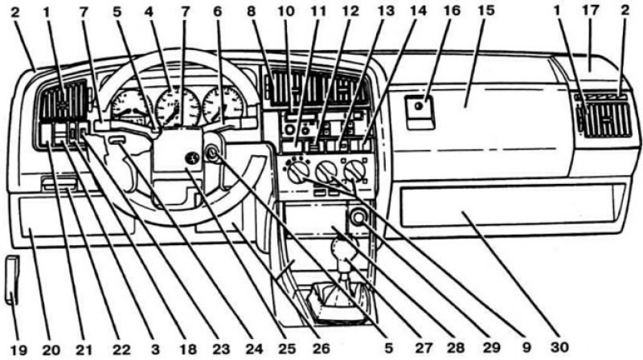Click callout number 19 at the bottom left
tap(18, 350)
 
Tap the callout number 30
tap(559, 347)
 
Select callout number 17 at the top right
tap(591, 11)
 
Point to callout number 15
tap(486, 11)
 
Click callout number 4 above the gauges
tap(149, 11)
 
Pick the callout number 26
tap(321, 349)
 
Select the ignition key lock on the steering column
tap(211, 153)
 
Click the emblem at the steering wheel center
tap(192, 158)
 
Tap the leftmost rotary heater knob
tap(297, 172)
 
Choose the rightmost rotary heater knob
tap(354, 172)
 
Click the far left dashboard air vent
tap(63, 100)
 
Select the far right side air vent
tap(605, 120)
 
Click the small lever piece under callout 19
tap(12, 280)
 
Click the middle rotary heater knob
tap(327, 171)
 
